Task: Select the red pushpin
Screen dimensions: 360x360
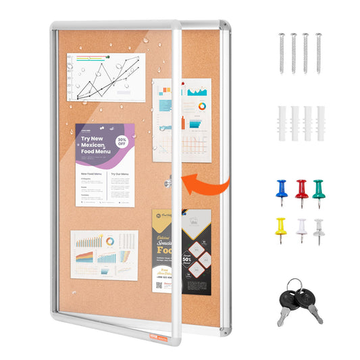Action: tap(301, 189)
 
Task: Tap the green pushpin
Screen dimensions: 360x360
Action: tap(319, 188)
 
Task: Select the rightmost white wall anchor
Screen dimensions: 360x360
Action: tap(319, 123)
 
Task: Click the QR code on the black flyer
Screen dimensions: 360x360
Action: tap(160, 285)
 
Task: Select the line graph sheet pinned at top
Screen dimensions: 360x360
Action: tap(105, 76)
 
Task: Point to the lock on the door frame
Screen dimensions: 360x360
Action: tap(169, 182)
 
